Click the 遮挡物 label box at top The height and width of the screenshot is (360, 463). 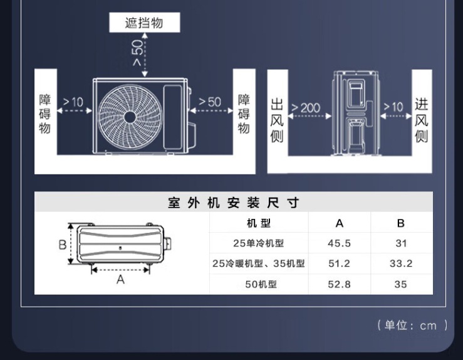pos(144,23)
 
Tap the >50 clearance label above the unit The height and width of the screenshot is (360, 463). pos(137,55)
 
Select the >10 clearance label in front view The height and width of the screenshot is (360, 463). pos(73,102)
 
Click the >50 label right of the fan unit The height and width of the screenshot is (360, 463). pos(210,102)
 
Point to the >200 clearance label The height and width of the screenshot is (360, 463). pos(305,108)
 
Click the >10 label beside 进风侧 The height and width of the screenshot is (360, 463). pos(393,107)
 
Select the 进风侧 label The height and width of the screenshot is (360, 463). pos(422,120)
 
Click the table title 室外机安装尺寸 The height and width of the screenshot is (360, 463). pos(234,203)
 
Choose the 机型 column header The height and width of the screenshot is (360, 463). pos(259,223)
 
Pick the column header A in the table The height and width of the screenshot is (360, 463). pos(340,223)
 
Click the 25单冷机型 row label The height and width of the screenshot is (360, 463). pos(259,243)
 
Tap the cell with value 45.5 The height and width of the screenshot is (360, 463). pos(340,243)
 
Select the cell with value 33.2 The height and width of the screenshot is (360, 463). pos(401,263)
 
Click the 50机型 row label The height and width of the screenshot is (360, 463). pos(259,284)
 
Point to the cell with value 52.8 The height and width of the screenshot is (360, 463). pos(340,284)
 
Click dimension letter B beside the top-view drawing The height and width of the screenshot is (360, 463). pos(63,245)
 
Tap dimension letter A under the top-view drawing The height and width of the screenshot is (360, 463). pos(120,280)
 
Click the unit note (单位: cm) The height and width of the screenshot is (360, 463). pos(412,325)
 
